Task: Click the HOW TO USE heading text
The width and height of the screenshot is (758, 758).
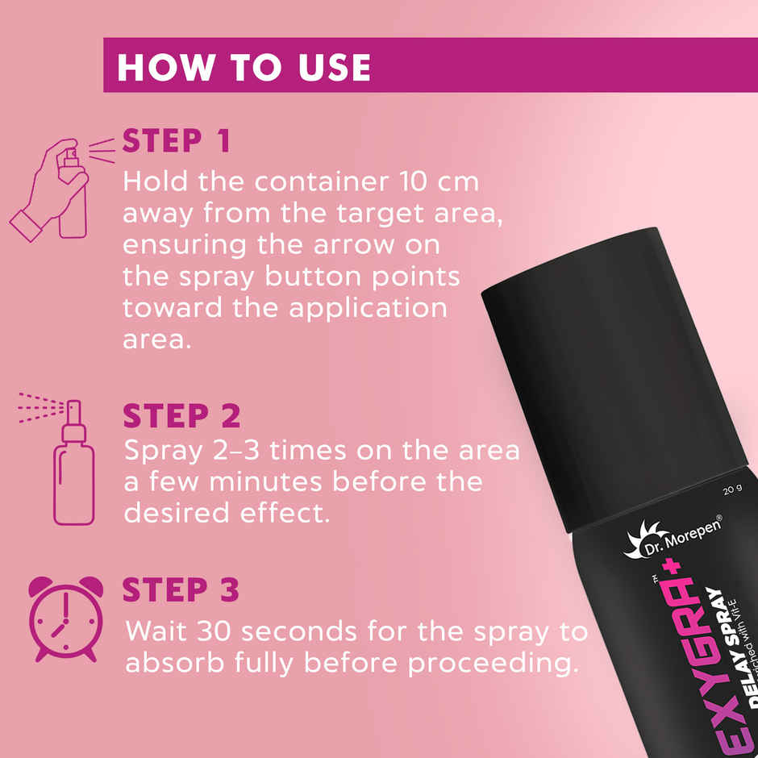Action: [x=244, y=68]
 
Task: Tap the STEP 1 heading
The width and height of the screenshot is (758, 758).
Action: [x=177, y=141]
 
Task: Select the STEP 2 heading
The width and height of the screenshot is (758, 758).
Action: [x=181, y=417]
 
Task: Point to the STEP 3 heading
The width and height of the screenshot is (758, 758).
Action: [x=181, y=590]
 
